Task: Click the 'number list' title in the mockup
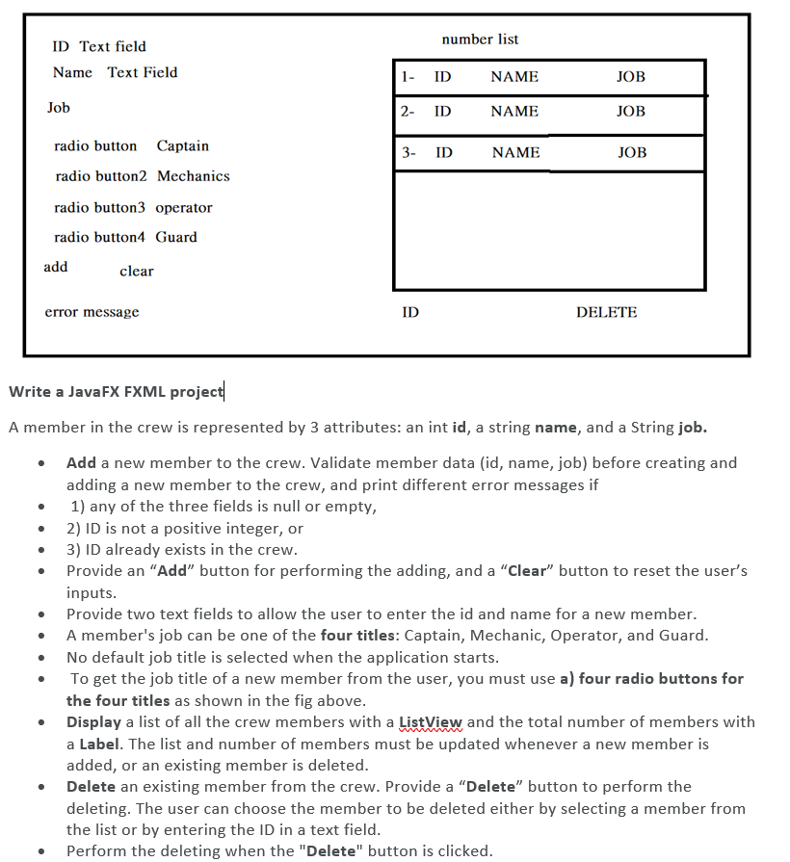pos(480,39)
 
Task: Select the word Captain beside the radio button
pos(182,146)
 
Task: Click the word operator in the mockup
pos(183,208)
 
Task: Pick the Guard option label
pos(175,237)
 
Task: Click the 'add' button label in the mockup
pos(56,267)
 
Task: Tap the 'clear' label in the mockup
pos(136,272)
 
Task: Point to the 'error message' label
pos(92,312)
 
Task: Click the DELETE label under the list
pos(606,312)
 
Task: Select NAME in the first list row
pos(514,77)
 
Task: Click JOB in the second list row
pos(631,112)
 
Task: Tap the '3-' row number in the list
pos(409,152)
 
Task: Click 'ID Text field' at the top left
pos(99,46)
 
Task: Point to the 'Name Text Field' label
pos(115,72)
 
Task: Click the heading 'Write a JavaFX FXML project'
pos(116,391)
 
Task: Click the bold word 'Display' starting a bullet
pos(94,722)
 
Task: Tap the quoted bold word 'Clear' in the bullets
pos(526,571)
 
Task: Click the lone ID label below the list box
pos(410,312)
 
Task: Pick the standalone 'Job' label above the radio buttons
pos(59,108)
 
